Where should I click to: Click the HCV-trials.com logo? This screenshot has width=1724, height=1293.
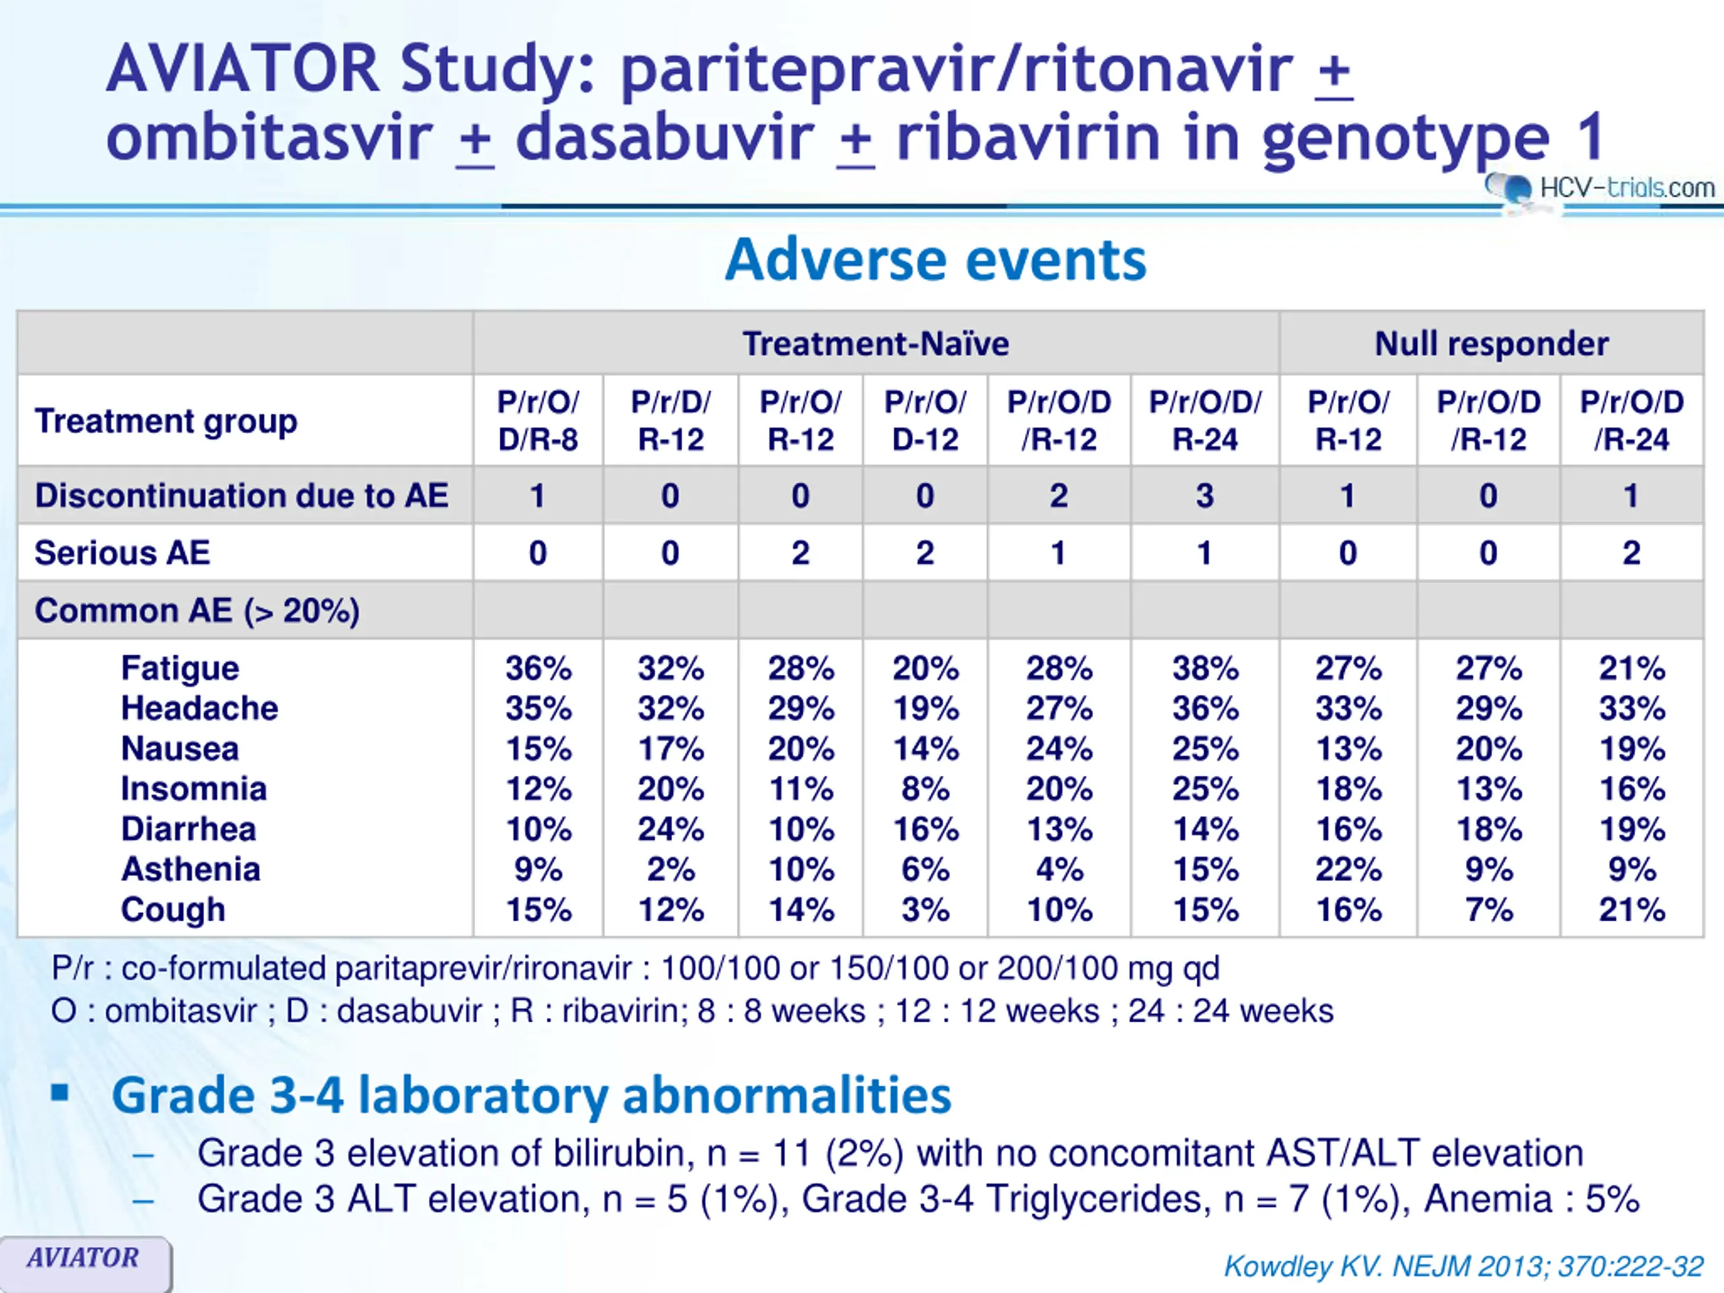1602,188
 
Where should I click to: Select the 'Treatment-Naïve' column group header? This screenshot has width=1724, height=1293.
875,343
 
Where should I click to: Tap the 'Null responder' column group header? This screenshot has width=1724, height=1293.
1491,343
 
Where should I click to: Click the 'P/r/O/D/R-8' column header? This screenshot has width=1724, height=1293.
538,420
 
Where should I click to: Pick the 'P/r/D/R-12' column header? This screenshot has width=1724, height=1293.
670,420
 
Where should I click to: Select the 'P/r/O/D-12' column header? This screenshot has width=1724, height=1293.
925,420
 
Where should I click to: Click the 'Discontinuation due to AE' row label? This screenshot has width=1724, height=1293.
242,496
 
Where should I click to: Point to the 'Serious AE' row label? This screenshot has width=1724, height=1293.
123,553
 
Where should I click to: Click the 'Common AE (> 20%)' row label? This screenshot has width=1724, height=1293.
197,610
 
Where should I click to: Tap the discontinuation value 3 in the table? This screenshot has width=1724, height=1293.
1204,496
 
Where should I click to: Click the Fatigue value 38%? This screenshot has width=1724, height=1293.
1205,668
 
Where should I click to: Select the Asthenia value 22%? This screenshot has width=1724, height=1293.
1348,869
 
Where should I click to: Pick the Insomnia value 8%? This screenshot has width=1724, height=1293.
925,789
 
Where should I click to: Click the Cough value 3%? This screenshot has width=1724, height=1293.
925,910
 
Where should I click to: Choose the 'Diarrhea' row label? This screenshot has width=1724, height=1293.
189,828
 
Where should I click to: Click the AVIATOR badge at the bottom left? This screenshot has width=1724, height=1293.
84,1257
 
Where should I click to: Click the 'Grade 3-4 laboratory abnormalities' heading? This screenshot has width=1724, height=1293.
531,1095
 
